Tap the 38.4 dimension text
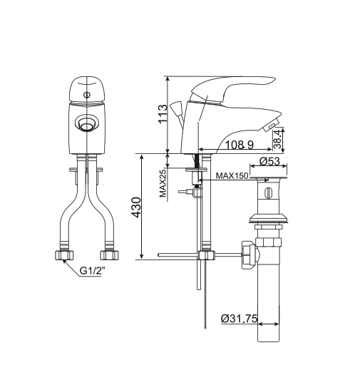[278, 138]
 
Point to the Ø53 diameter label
[269, 162]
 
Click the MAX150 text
[232, 175]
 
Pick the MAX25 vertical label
[163, 183]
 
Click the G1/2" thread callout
[94, 271]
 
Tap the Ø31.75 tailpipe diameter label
[239, 318]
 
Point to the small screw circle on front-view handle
[87, 93]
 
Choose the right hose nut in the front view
[109, 254]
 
